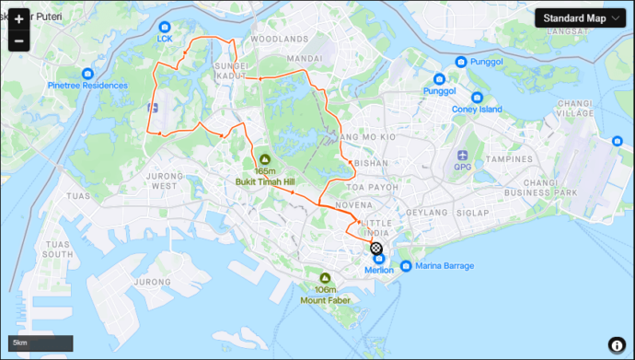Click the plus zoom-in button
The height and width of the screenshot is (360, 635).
[18, 19]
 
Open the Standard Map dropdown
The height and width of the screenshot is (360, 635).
[579, 17]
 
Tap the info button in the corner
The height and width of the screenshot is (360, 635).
[617, 343]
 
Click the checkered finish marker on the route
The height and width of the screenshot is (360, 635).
[376, 248]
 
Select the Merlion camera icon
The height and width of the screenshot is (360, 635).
[378, 259]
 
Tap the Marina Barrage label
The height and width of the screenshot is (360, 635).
[444, 266]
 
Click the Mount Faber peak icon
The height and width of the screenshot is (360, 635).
[324, 278]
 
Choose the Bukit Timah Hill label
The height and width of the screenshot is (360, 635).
[265, 182]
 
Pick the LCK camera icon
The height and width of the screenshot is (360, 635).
[165, 28]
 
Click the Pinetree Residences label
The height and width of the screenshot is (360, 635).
[87, 86]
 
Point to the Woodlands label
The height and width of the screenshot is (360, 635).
[279, 40]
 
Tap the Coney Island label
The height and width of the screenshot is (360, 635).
[477, 110]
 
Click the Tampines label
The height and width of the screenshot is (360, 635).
[511, 158]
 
